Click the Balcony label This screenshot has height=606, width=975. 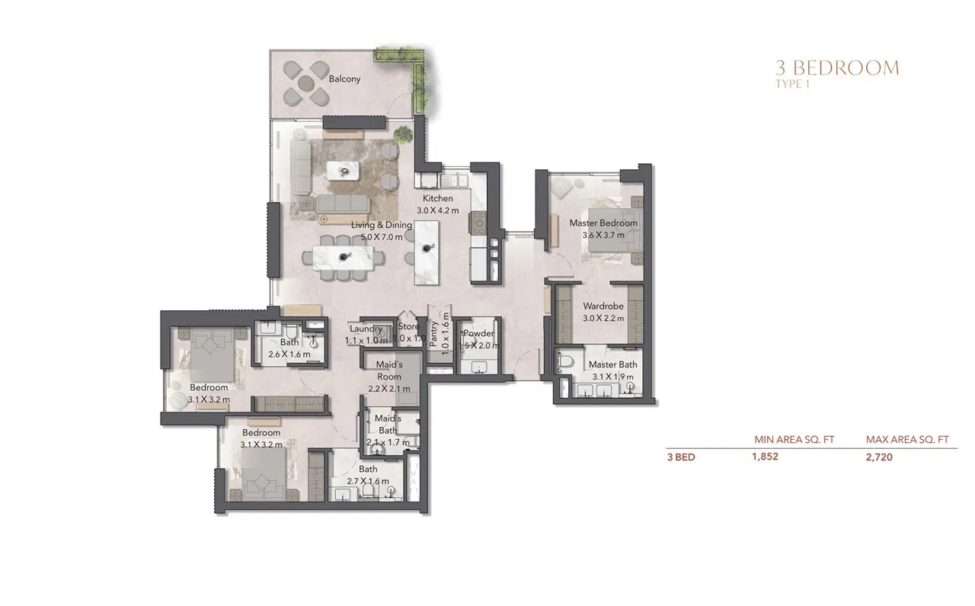(x=344, y=79)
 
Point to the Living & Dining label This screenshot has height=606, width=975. (x=381, y=225)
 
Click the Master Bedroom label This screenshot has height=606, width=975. (x=603, y=223)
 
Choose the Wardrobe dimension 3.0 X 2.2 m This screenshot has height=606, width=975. (x=603, y=318)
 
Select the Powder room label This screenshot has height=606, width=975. (x=479, y=334)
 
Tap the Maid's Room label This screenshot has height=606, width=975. (x=388, y=371)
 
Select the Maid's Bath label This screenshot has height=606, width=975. (x=388, y=425)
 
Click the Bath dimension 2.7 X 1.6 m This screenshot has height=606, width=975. (x=368, y=481)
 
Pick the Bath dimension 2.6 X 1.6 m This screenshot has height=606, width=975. (x=289, y=354)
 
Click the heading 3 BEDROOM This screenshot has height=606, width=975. (x=836, y=69)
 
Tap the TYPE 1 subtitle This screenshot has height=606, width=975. (x=791, y=84)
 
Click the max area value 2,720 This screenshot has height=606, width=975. (x=879, y=458)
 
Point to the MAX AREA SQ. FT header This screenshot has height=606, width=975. (x=906, y=439)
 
